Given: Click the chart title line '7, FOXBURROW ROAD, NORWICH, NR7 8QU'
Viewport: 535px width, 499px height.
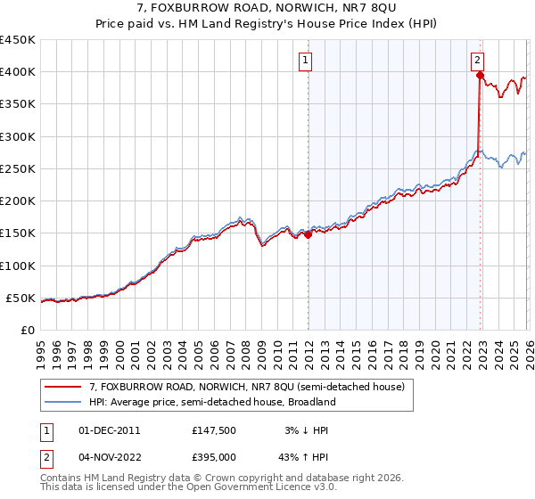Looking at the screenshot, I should click(267, 9).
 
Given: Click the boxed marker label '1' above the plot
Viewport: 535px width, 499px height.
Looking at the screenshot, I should click(306, 61).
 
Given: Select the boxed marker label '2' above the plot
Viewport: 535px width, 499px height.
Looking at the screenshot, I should click(478, 61).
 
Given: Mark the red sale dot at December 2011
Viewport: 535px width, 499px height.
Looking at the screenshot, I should click(308, 235).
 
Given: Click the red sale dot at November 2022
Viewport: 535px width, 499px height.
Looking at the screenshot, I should click(480, 76).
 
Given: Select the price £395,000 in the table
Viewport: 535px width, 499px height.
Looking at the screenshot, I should click(213, 456).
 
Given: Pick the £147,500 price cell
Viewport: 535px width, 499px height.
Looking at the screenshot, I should click(213, 430).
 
